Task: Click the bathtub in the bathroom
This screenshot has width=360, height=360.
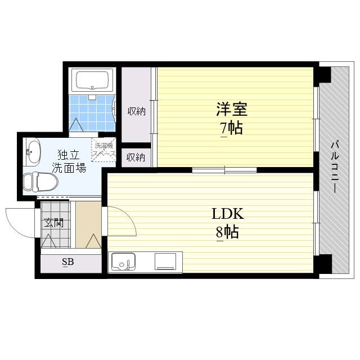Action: [92, 80]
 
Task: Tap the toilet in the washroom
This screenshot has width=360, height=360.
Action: [41, 181]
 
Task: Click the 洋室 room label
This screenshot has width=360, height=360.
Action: [231, 109]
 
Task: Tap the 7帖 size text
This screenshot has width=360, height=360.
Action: [231, 128]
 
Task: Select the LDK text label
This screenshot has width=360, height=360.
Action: [227, 214]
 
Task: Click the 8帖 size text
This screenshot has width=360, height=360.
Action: [227, 232]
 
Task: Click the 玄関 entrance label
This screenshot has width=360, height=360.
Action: [54, 223]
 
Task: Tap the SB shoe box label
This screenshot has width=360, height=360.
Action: [67, 262]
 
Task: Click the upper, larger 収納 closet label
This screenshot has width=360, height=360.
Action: [136, 111]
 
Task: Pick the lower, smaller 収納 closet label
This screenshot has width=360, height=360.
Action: [136, 157]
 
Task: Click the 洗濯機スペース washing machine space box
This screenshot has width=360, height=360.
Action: [104, 150]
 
